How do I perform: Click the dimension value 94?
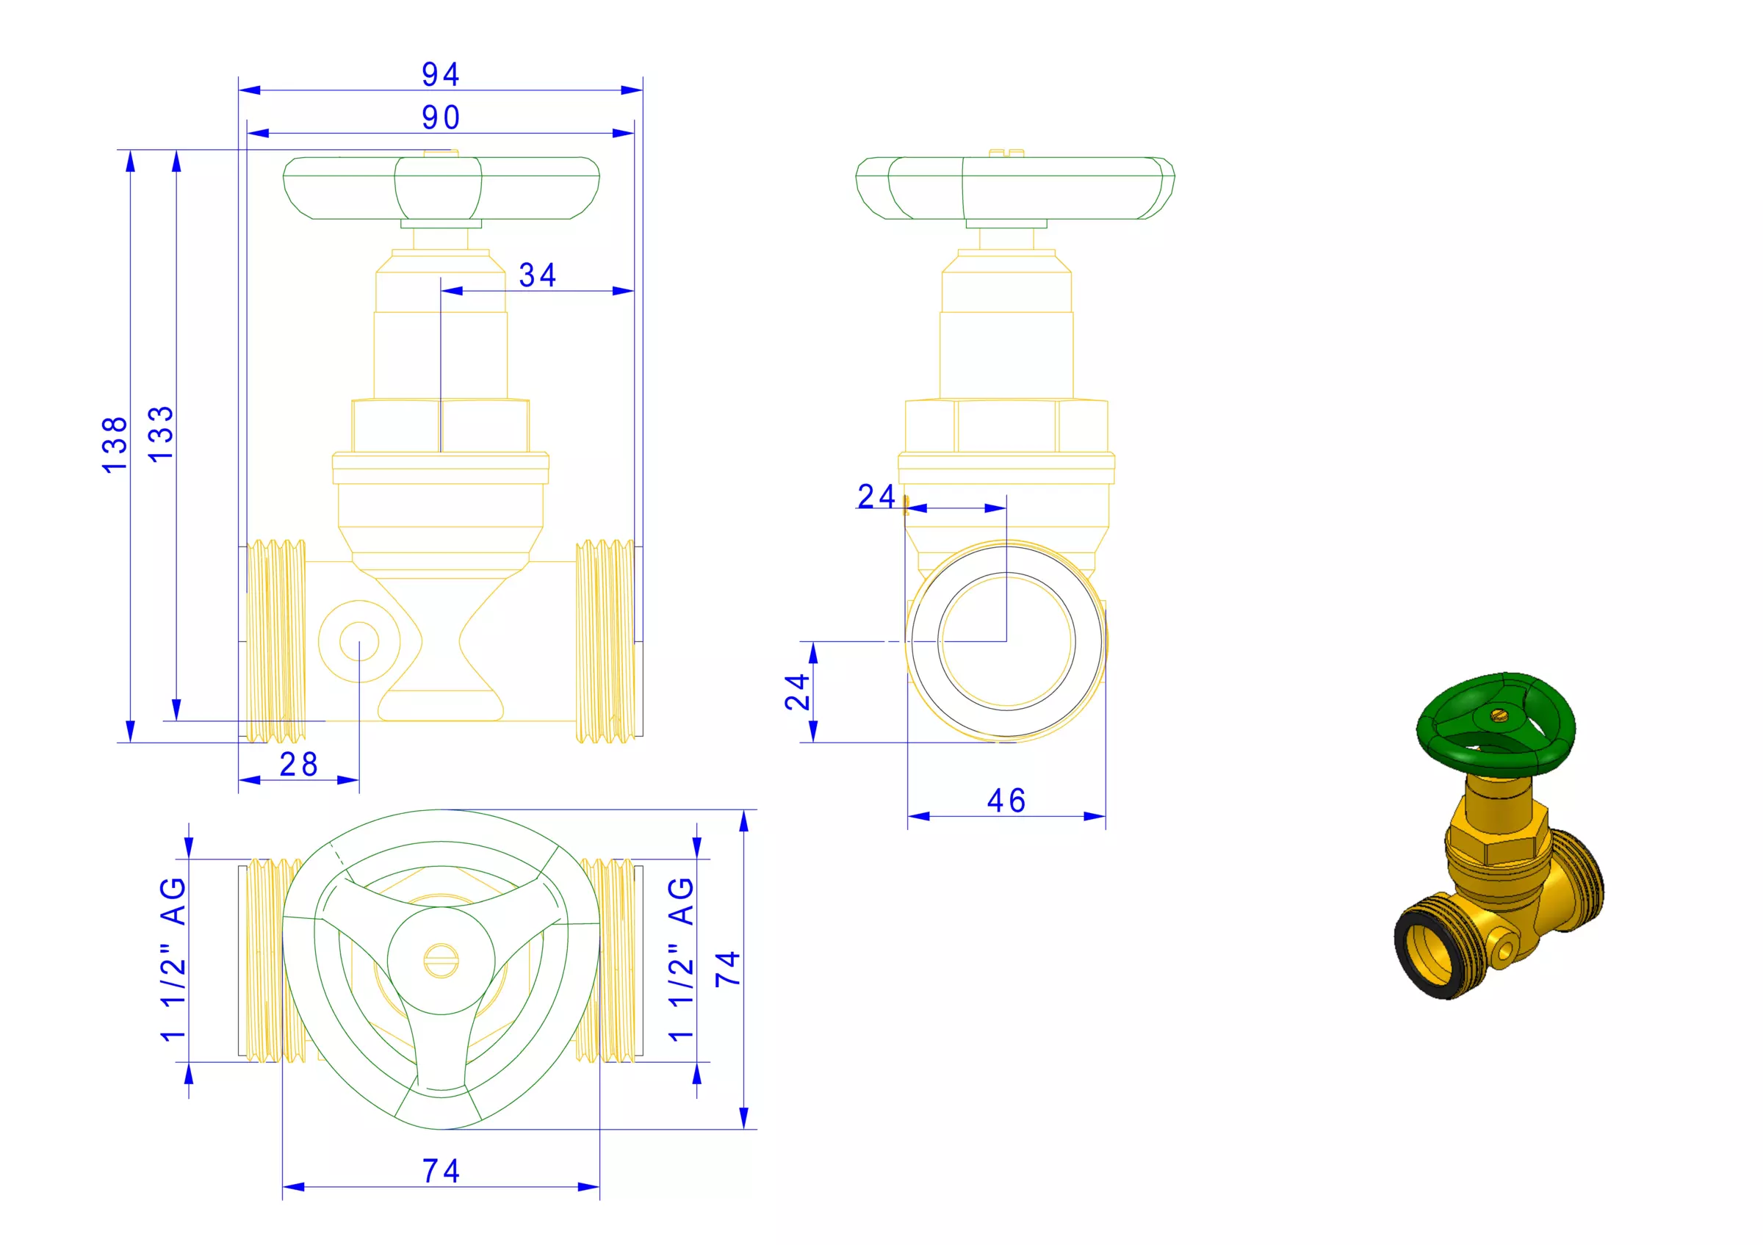pos(441,74)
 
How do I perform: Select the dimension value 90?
pos(441,118)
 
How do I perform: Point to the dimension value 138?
pos(115,445)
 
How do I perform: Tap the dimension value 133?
pos(162,433)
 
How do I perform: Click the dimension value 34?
pos(538,275)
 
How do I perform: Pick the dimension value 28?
pos(299,765)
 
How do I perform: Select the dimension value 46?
pos(1006,801)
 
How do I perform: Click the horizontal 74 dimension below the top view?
pos(441,1172)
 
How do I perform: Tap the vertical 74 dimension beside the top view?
pos(728,969)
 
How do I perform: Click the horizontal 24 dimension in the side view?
pos(876,497)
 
